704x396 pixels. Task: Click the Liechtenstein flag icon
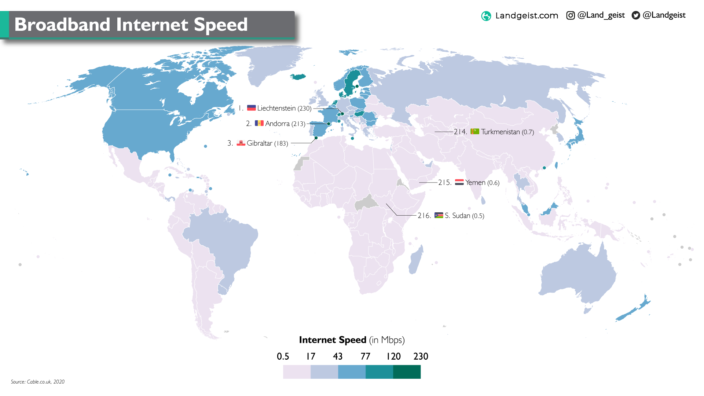251,108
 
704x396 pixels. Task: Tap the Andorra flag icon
259,123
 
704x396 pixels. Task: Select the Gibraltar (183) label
267,143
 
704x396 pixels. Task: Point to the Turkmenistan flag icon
475,131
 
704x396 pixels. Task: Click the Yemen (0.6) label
482,183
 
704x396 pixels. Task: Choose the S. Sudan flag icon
439,215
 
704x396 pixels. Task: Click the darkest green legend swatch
407,372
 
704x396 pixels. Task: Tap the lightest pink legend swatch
297,372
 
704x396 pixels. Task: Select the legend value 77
365,356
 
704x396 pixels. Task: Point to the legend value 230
421,356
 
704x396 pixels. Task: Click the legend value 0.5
283,356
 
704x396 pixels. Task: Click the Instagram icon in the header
571,15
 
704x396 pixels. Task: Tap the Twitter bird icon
636,15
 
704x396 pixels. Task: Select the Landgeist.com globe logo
486,16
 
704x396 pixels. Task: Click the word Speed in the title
220,25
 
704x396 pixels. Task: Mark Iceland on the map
298,77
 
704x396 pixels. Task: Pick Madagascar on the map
416,260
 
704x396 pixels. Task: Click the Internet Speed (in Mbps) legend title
352,340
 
